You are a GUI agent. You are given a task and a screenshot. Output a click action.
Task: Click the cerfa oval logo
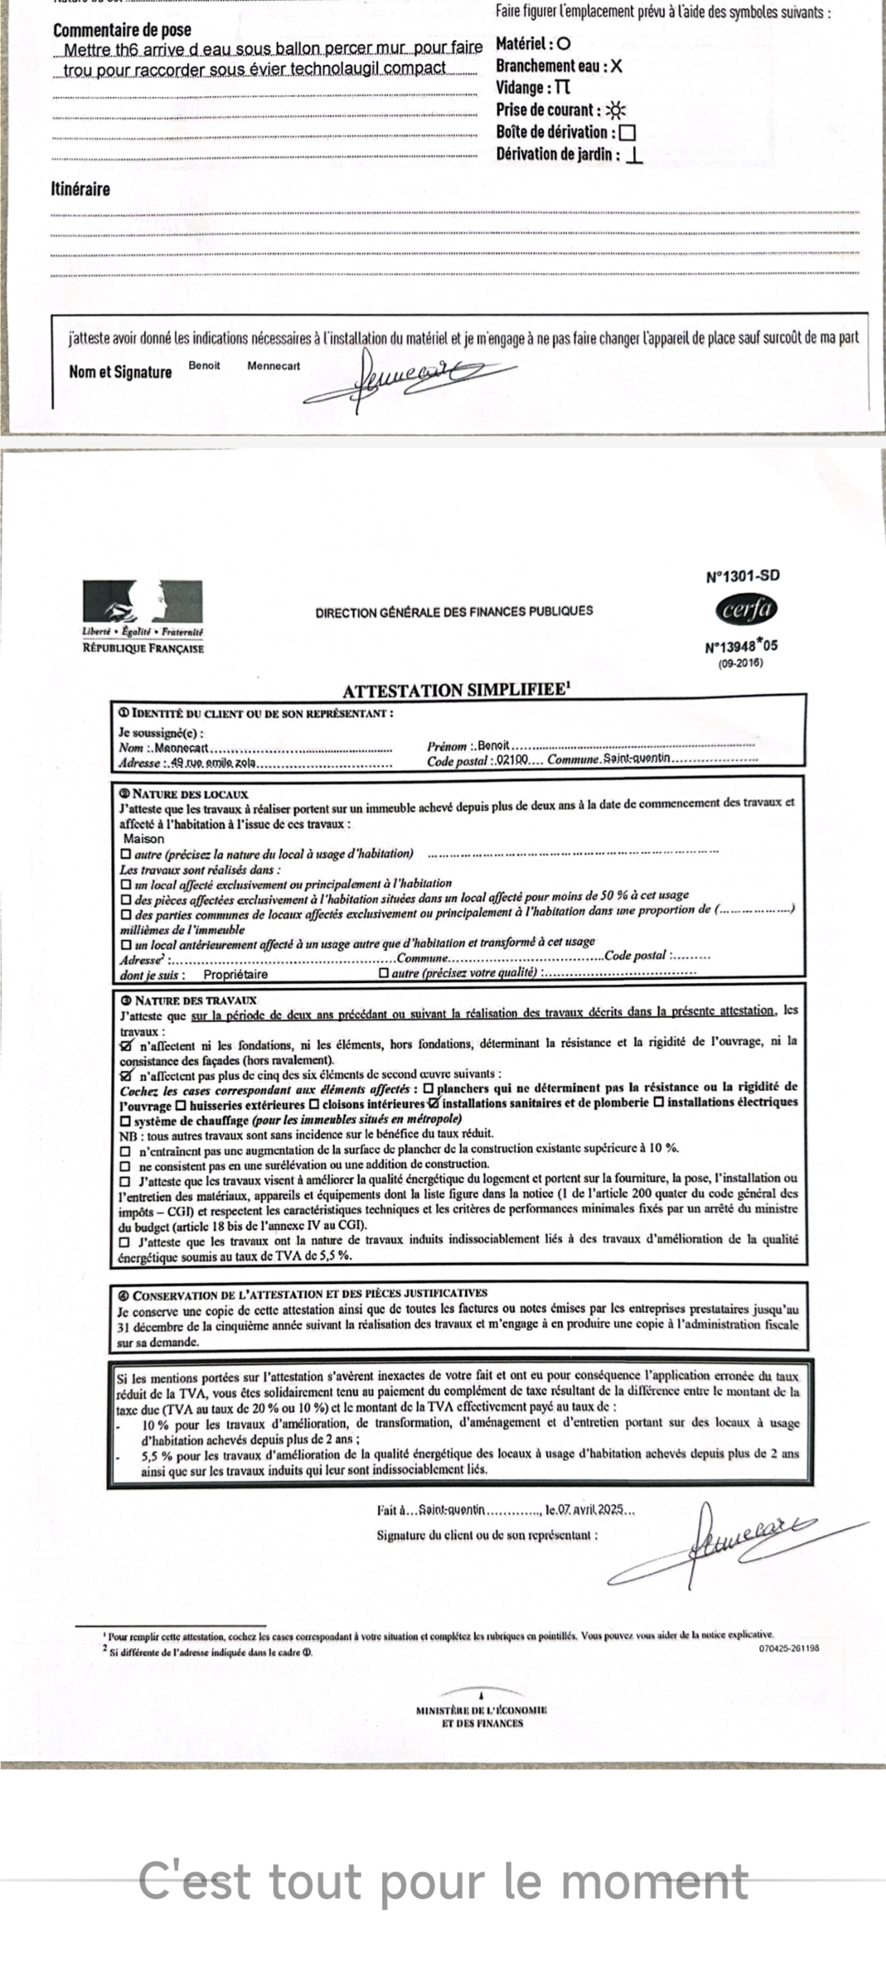tap(745, 610)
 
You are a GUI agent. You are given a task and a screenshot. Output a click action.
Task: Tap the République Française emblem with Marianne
tap(143, 602)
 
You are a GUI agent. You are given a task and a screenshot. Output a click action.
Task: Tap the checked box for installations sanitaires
tap(434, 1102)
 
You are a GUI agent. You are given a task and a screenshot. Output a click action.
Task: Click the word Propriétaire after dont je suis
tap(235, 975)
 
